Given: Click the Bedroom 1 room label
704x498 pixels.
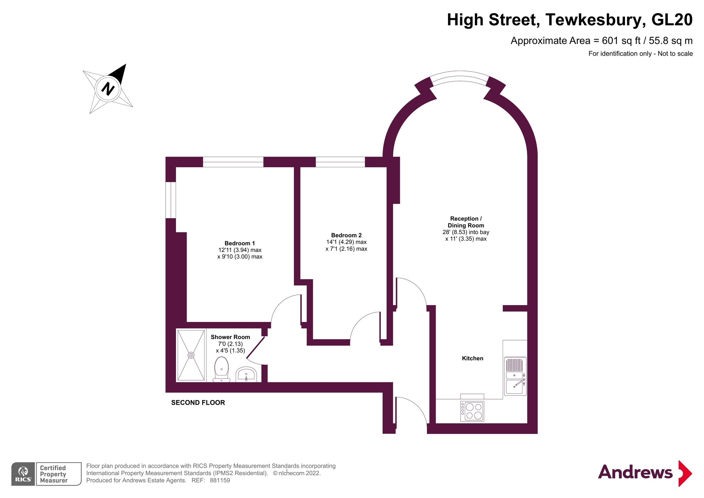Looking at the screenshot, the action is point(240,243).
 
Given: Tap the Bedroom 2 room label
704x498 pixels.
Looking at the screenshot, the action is point(346,235).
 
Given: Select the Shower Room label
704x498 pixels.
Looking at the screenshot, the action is point(230,337).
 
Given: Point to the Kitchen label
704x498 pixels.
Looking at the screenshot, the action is point(472,358).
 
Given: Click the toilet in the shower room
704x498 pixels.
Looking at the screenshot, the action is point(221,370).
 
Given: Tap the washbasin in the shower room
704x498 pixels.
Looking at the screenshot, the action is point(246,375).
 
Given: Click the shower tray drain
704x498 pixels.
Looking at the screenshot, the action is point(191,355).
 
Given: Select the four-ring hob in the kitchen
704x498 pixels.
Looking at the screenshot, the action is point(472,411).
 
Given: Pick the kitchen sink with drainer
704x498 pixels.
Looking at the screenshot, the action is point(515,376).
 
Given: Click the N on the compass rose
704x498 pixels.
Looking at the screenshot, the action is point(108,89).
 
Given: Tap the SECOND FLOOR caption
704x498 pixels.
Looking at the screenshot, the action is point(198,403).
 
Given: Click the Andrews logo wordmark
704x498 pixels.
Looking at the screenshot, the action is point(635,472).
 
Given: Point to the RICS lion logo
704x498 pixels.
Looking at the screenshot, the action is point(23,474).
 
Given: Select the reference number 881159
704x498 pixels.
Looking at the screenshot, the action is point(220,480).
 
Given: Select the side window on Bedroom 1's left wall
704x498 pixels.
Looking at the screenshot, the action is point(171,200).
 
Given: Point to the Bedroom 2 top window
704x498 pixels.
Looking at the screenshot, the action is point(340,162).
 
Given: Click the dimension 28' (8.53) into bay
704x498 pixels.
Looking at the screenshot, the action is point(466,232).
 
